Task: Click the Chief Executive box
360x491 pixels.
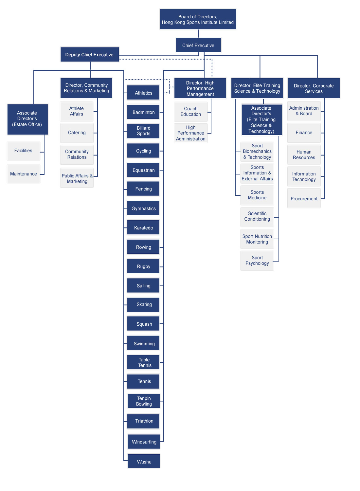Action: [198, 45]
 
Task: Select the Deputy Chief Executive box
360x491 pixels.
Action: [90, 54]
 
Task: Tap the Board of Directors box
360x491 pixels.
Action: [198, 19]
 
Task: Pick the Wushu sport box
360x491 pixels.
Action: [144, 462]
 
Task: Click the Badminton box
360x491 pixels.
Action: [143, 112]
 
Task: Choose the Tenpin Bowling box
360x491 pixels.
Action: [144, 401]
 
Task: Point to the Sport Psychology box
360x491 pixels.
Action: [257, 261]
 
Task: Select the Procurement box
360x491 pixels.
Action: [304, 198]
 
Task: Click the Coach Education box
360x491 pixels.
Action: [190, 112]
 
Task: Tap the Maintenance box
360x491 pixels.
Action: [24, 174]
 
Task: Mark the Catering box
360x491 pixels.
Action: [77, 133]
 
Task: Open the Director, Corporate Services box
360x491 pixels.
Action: [314, 88]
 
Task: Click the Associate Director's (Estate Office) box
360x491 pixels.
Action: [27, 119]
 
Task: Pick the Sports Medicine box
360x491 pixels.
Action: [257, 195]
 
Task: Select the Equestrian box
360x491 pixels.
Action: [143, 170]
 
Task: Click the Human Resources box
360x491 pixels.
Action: [304, 155]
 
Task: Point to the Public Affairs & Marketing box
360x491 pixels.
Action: [77, 178]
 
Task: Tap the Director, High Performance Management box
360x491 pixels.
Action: [200, 88]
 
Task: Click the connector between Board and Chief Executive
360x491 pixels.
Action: [199, 33]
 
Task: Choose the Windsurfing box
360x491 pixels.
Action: [144, 442]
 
